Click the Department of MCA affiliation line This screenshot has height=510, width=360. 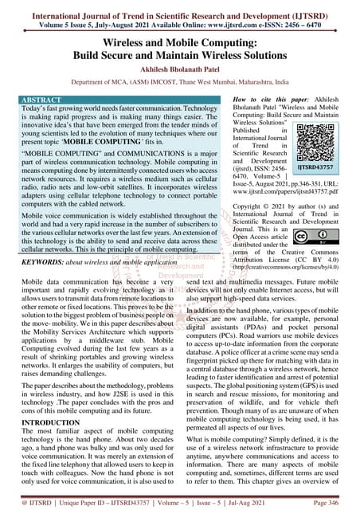[180, 80]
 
